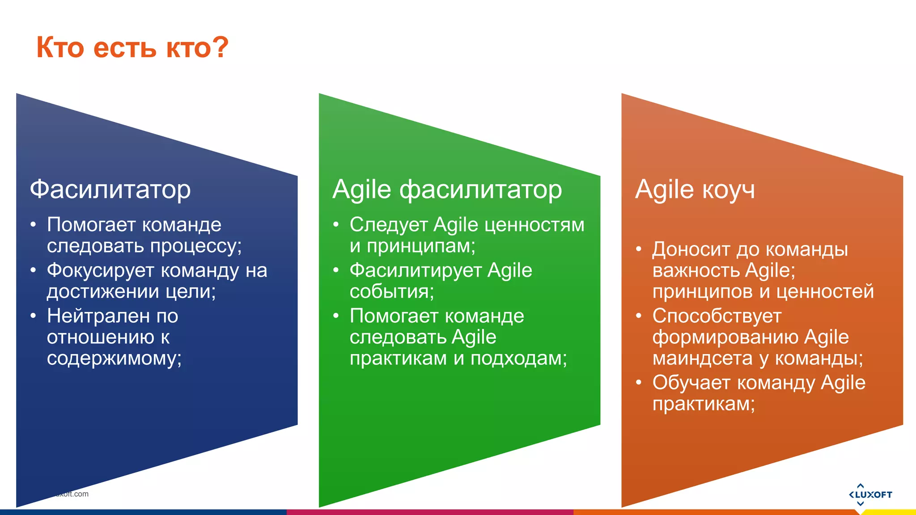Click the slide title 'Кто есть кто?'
pos(132,47)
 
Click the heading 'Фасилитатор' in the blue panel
pos(110,190)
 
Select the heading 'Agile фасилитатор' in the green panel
pos(447,190)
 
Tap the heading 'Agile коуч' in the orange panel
pos(695,190)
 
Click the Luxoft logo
pos(870,494)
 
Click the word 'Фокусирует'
pos(100,270)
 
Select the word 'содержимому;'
pos(114,359)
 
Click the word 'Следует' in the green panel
pos(388,225)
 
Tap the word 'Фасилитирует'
pos(415,270)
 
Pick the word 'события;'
pos(392,292)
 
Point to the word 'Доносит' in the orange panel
pos(691,249)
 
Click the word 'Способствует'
pos(717,316)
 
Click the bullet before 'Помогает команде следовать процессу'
pos(33,225)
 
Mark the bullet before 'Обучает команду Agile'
pos(639,383)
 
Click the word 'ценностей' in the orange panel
pos(825,292)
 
